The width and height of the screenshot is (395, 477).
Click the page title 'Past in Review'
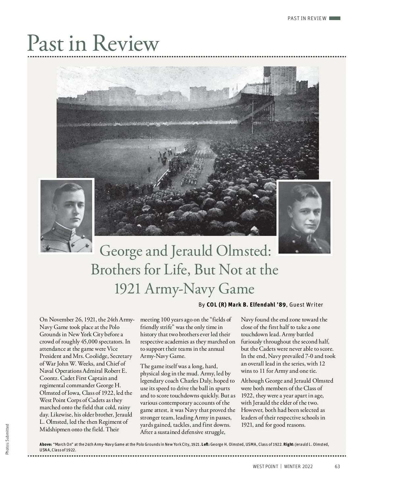[93, 43]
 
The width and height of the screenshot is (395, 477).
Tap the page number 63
[337, 466]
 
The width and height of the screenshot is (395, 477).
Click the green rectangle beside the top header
[334, 18]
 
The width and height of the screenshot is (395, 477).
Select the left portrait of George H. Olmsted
[66, 216]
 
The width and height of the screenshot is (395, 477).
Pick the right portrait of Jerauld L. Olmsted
[304, 217]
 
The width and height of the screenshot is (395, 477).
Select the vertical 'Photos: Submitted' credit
[7, 439]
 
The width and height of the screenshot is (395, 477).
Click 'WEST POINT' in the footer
[265, 466]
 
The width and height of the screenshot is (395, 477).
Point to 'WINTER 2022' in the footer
[298, 466]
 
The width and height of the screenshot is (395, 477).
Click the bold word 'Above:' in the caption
[46, 444]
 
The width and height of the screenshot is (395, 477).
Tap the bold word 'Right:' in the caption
[289, 444]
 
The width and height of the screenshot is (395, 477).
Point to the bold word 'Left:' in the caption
[205, 444]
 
